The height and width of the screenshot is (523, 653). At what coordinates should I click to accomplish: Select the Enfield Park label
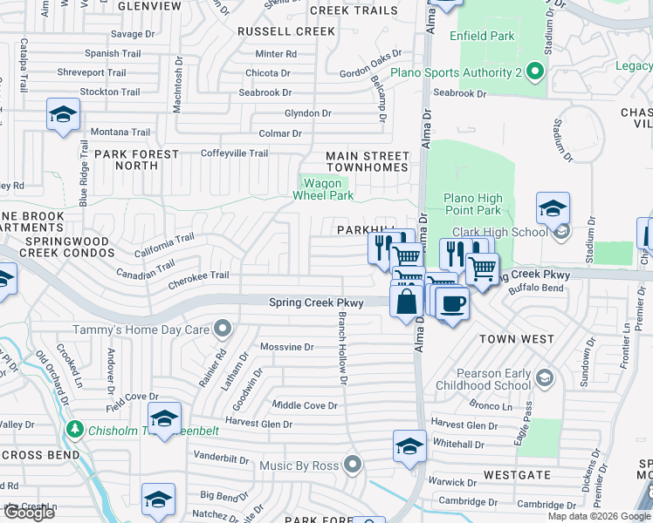(x=482, y=36)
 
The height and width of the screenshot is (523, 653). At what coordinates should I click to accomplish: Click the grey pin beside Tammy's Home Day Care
(x=223, y=329)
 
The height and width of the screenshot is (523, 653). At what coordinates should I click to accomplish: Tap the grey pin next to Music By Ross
(x=353, y=465)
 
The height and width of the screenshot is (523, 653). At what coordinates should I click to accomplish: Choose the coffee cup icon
(x=452, y=304)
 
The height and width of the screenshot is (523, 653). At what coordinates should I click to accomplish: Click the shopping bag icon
(x=407, y=302)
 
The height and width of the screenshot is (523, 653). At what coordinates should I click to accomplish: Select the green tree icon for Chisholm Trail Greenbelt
(x=76, y=429)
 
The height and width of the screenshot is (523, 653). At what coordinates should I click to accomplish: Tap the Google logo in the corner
(x=28, y=512)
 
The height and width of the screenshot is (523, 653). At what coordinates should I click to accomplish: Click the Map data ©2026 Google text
(x=599, y=516)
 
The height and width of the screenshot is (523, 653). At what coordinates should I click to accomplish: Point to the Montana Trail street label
(x=121, y=132)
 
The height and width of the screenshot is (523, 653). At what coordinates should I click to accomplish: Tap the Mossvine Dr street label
(x=286, y=347)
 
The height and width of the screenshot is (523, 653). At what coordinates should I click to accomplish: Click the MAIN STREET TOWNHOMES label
(x=367, y=161)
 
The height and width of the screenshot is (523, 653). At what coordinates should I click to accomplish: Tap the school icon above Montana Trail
(x=63, y=115)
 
